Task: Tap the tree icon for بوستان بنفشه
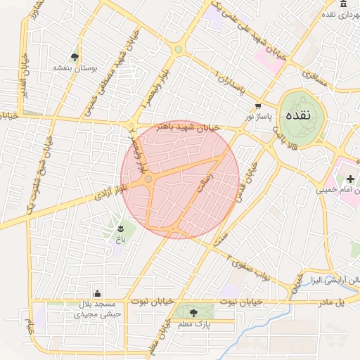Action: pos(75,57)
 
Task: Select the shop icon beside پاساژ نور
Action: pos(258,105)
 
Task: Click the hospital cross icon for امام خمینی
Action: pos(349,180)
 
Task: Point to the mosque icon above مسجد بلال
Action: pos(97,293)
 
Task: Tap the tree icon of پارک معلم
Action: pos(193,311)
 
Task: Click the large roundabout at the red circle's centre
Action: pos(148,180)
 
